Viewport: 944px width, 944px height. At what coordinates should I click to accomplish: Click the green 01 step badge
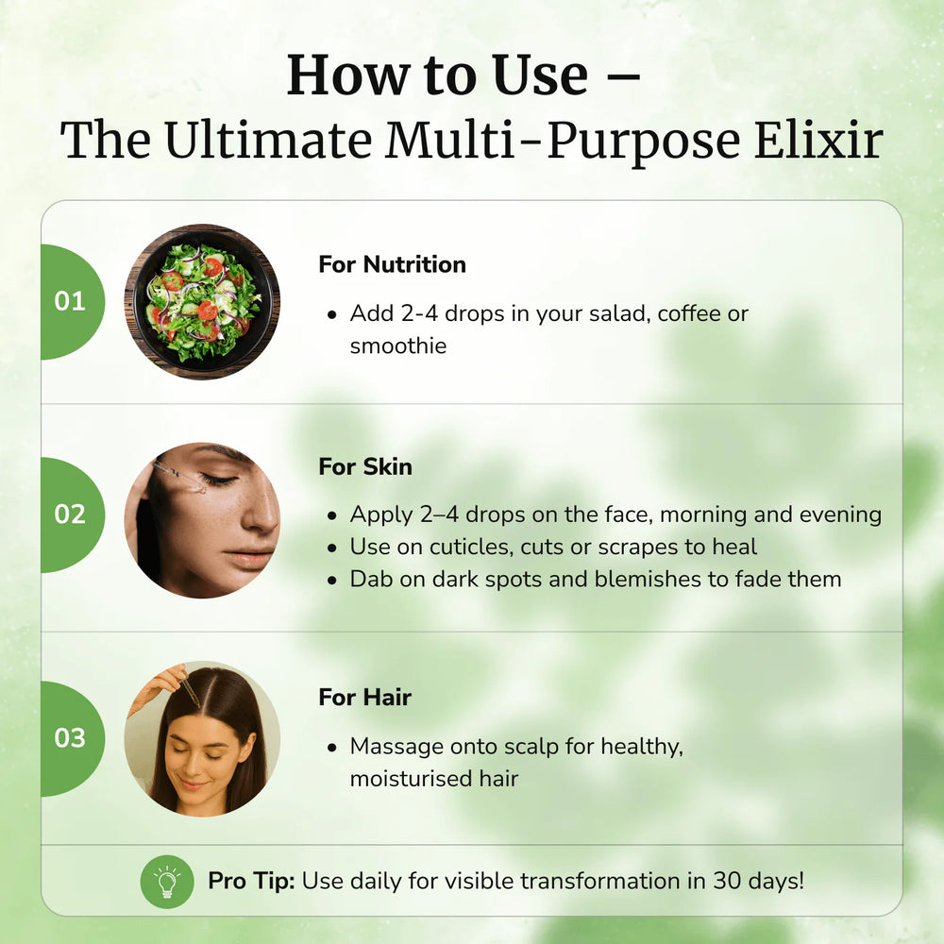pos(71,302)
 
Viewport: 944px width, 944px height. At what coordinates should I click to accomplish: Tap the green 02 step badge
pos(71,514)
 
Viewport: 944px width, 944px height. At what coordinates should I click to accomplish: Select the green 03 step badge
pos(71,737)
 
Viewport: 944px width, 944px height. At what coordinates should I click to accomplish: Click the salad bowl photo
pos(202,302)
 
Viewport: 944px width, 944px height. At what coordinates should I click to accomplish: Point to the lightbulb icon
pos(167,882)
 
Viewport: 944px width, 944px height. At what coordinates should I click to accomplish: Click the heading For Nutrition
pos(392,264)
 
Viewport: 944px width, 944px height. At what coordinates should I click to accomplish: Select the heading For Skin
pos(365,466)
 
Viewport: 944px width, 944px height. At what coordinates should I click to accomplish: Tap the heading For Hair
pos(364,698)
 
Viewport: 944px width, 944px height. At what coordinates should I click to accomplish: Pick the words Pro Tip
pos(251,882)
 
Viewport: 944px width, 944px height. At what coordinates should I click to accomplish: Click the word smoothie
pos(398,346)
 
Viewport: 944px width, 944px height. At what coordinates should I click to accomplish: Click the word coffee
pos(690,313)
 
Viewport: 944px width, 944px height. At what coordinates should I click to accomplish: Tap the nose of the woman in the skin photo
pos(265,514)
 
